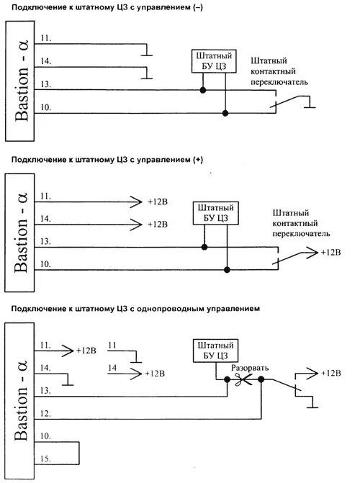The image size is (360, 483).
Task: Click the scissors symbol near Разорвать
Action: tap(243, 379)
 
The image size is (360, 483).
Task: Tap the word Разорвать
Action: tap(250, 368)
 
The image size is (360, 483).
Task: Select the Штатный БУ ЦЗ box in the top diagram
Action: tap(214, 61)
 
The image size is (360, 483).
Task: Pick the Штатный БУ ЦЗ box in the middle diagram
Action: tap(215, 213)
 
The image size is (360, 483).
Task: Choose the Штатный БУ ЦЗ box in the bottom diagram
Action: tap(215, 351)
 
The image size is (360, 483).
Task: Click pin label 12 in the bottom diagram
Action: tap(45, 413)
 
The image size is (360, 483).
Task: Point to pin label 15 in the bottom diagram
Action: tap(45, 459)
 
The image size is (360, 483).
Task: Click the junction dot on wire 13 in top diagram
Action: tap(203, 90)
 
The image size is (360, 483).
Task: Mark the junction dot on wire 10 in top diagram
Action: tap(225, 113)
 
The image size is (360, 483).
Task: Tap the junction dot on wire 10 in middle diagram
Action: tap(227, 270)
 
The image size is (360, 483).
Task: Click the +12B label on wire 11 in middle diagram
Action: tap(158, 202)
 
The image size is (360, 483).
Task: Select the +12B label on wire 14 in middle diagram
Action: tap(158, 225)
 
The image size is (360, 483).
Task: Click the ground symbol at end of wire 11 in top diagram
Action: tap(147, 52)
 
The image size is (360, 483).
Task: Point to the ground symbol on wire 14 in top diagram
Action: tap(147, 75)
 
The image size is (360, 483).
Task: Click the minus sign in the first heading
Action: tap(197, 7)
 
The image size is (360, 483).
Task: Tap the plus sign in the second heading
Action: tap(197, 160)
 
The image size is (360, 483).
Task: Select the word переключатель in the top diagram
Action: tap(279, 82)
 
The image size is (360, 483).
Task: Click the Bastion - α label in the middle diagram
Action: tap(21, 233)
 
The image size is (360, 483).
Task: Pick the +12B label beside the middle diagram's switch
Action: tap(330, 252)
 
